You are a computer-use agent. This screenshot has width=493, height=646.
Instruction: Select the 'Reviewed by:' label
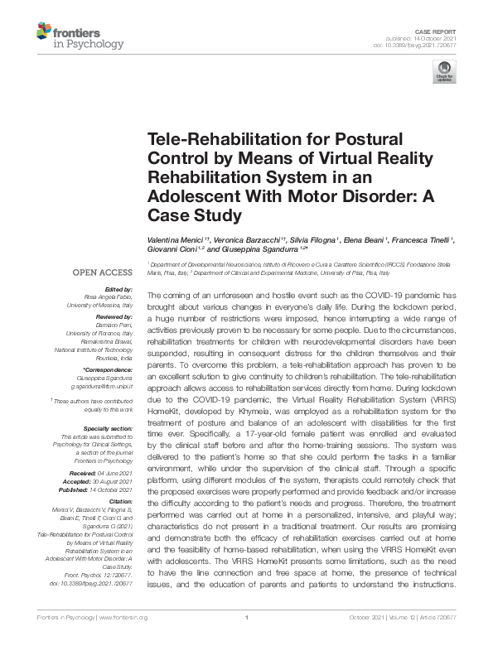click(x=114, y=316)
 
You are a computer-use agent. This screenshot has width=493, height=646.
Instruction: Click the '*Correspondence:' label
click(x=109, y=369)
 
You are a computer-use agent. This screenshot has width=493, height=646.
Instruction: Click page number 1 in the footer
click(x=247, y=640)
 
